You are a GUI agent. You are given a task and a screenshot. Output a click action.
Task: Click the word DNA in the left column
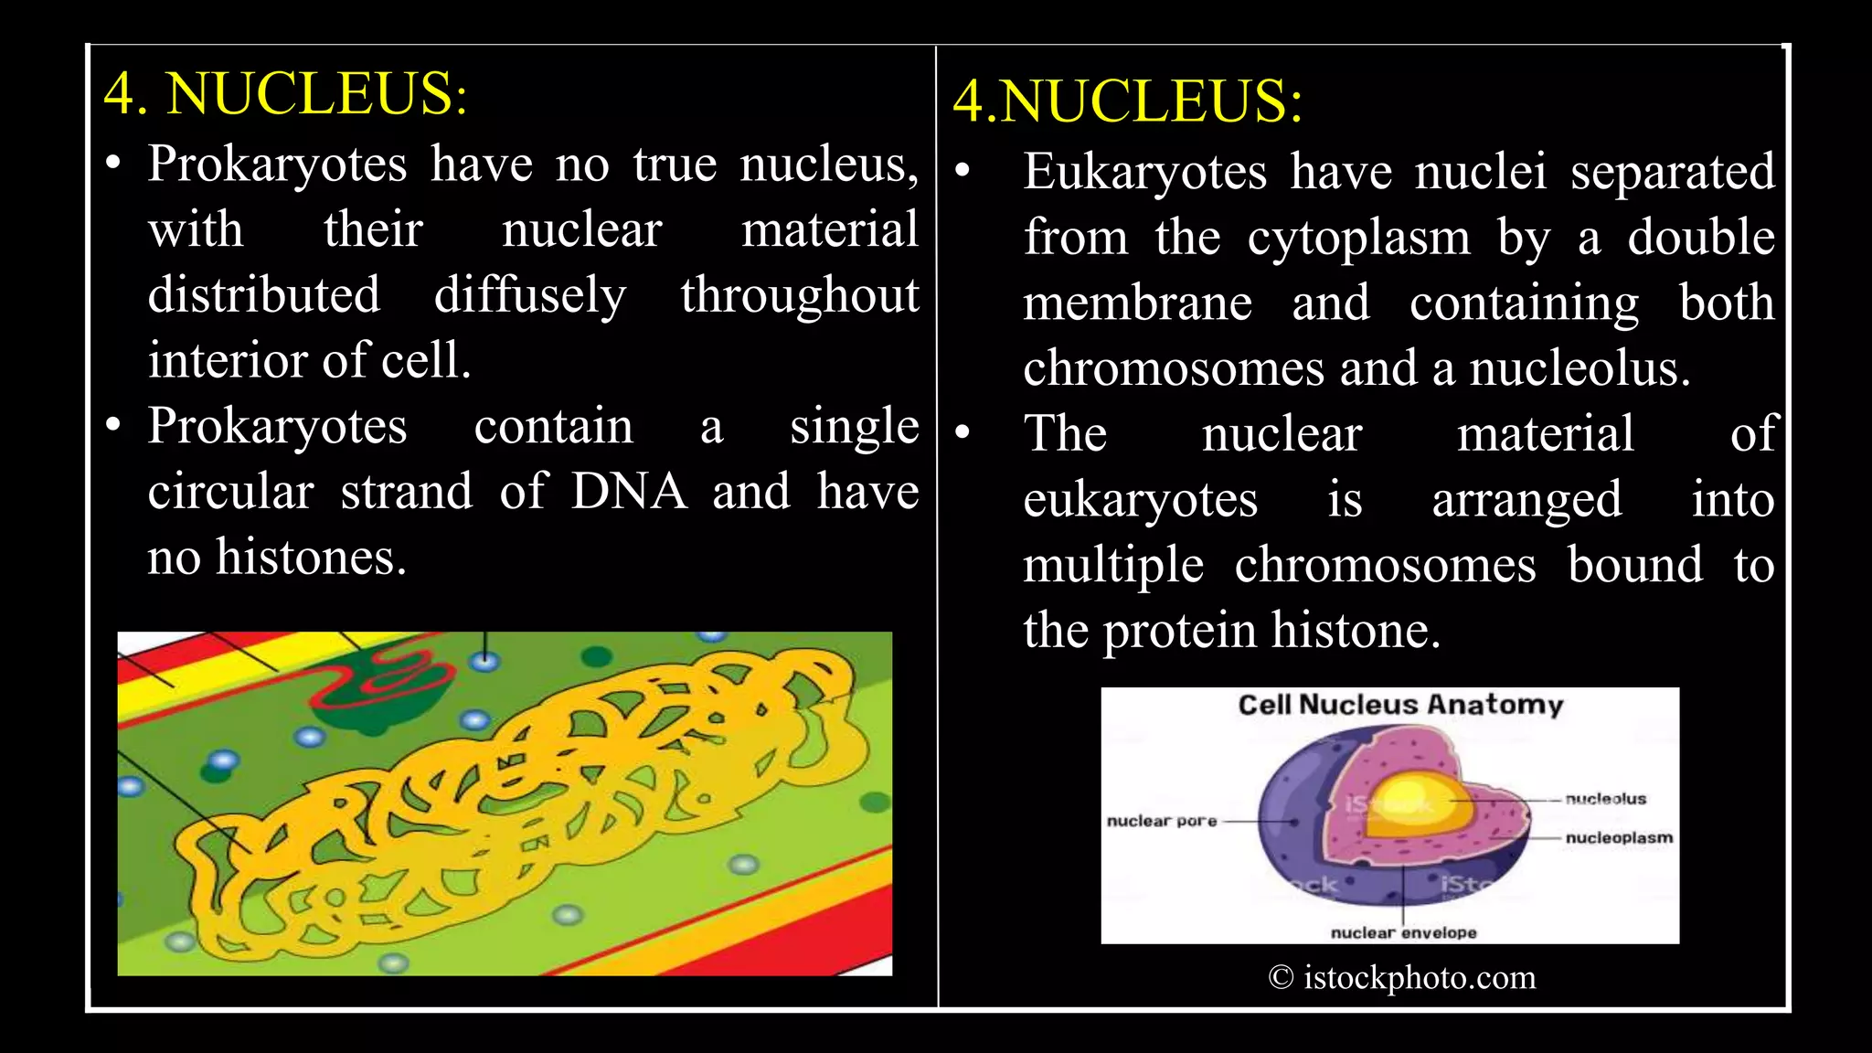tap(629, 492)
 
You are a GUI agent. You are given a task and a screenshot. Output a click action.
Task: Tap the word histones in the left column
tap(310, 558)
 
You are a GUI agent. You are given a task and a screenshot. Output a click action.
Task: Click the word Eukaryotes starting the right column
tap(1144, 172)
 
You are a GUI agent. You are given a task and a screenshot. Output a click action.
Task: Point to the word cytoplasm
tap(1359, 238)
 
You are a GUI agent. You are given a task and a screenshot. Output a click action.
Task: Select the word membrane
tap(1137, 303)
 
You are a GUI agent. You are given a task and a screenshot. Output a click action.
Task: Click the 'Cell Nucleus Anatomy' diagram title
tap(1400, 705)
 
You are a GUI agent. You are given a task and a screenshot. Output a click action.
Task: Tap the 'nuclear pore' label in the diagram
tap(1162, 821)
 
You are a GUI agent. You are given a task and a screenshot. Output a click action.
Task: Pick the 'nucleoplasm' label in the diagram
tap(1619, 837)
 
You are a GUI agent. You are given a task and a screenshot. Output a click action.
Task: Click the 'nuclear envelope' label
tap(1403, 932)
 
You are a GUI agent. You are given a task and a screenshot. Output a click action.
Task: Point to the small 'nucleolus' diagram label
tap(1605, 799)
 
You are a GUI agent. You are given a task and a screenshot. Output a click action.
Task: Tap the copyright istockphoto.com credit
tap(1402, 977)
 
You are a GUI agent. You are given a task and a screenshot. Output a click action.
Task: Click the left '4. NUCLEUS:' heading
tap(285, 93)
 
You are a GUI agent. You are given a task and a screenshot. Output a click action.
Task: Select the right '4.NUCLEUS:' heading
tap(1128, 101)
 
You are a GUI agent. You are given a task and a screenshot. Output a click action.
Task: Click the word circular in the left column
tap(230, 492)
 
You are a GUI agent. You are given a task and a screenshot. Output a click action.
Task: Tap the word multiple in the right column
tap(1112, 565)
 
